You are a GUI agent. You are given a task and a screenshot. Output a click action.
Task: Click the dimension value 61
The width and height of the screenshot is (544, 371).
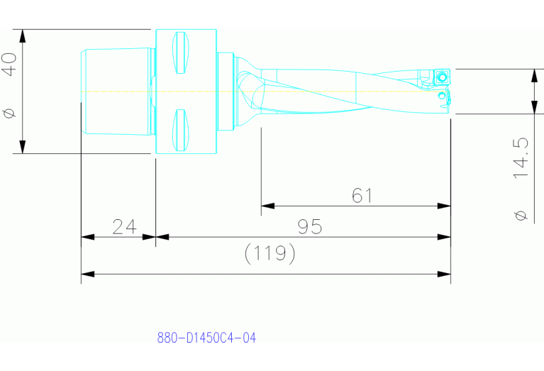click(x=362, y=195)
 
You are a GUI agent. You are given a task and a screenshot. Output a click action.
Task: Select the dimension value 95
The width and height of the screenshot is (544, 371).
click(x=310, y=227)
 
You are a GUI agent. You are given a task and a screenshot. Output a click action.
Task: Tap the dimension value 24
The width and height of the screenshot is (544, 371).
click(x=124, y=227)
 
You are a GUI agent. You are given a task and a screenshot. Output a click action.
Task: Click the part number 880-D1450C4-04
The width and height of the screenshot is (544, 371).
click(x=206, y=338)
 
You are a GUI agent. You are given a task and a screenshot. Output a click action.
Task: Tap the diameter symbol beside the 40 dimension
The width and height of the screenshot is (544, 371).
click(x=10, y=113)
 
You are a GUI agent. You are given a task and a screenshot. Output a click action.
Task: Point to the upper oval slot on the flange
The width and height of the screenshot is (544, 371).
click(x=182, y=52)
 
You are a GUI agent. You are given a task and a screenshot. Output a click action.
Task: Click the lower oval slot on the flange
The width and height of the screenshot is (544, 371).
click(x=182, y=129)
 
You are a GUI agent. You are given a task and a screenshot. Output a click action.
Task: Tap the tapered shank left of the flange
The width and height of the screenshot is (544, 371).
click(x=118, y=91)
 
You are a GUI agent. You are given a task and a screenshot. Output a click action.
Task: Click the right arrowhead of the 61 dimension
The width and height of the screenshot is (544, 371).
click(x=445, y=206)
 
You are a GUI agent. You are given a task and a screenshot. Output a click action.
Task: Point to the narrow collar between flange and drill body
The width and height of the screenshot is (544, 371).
click(x=226, y=91)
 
